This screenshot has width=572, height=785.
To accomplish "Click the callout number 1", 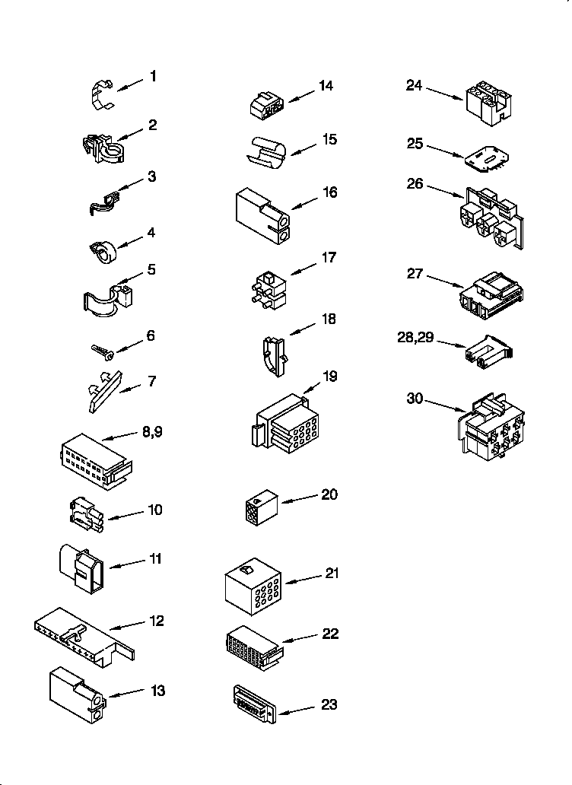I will click(x=153, y=76).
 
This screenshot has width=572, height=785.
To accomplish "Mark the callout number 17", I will click(x=329, y=258).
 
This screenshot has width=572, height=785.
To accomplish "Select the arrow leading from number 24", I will click(x=444, y=94).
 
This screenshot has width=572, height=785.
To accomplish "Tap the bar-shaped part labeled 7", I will click(x=102, y=389).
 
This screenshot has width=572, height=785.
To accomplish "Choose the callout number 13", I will click(x=157, y=691).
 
